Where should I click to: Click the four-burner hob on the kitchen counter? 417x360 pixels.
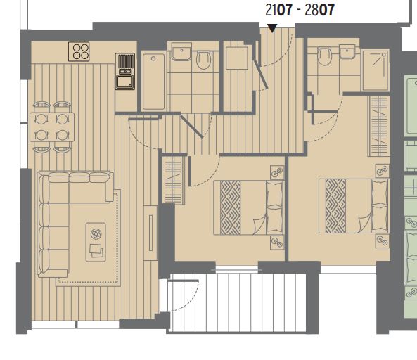point(79,51)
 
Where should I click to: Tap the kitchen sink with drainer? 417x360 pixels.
point(125,71)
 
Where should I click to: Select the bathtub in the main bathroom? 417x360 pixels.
point(153,82)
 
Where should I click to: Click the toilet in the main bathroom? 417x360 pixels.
point(203,60)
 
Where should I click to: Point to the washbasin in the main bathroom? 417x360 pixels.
point(181,51)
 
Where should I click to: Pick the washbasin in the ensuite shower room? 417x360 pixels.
point(347,51)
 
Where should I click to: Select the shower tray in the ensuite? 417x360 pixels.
point(376,70)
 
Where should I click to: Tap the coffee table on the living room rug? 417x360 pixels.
point(96,242)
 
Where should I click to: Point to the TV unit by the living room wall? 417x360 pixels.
point(150,233)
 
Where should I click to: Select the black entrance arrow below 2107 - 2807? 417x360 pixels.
point(272,28)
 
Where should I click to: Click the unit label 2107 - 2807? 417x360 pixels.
point(300,10)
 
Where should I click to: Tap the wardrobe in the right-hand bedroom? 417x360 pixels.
point(379,126)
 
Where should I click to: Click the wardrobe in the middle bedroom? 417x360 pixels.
point(174,181)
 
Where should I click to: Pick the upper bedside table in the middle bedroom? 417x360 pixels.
point(277,173)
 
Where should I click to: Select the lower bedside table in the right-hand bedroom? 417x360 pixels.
point(383,241)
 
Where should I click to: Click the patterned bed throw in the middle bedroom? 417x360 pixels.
point(231,207)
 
